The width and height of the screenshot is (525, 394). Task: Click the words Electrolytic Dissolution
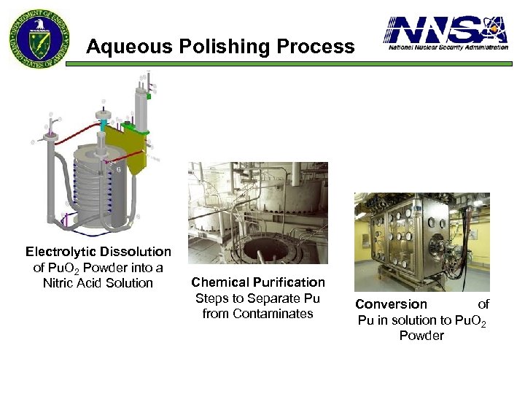98,252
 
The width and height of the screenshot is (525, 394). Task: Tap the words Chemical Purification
258,282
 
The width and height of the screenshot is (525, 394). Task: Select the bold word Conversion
391,304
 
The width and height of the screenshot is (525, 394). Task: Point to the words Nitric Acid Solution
98,283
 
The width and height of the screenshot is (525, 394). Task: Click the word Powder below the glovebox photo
421,336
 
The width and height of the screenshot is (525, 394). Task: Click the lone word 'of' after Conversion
483,304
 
